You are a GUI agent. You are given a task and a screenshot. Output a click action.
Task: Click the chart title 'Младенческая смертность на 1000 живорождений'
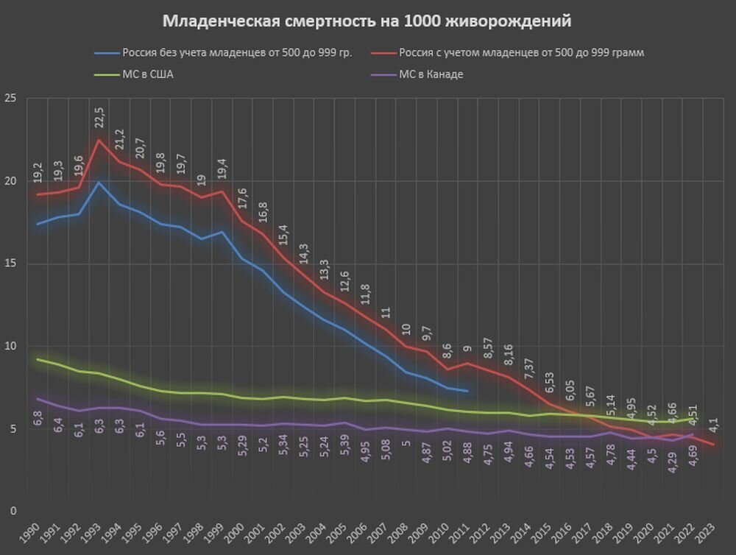[x=367, y=21]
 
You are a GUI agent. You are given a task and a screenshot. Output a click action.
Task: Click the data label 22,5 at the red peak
[x=99, y=119]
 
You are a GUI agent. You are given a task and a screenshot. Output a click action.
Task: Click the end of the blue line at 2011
[x=467, y=391]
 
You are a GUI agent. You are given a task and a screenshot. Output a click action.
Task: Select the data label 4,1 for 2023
[x=713, y=425]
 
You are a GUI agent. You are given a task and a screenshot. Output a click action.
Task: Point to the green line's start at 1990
[x=38, y=359]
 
